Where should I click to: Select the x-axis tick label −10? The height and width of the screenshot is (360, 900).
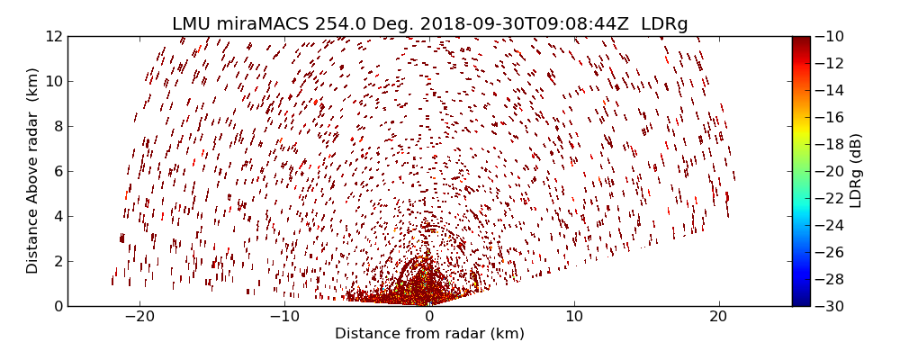pyautogui.click(x=284, y=317)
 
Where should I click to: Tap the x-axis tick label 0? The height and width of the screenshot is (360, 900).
pyautogui.click(x=429, y=317)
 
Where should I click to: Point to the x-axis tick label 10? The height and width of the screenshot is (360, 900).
pyautogui.click(x=574, y=317)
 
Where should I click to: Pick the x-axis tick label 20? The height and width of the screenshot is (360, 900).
pyautogui.click(x=718, y=317)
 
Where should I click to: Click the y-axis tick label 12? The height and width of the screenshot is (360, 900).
pyautogui.click(x=54, y=36)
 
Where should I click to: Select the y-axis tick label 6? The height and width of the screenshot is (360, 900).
pyautogui.click(x=58, y=171)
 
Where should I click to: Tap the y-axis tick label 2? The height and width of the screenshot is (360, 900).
pyautogui.click(x=58, y=261)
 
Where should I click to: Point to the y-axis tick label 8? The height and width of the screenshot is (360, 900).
pyautogui.click(x=58, y=126)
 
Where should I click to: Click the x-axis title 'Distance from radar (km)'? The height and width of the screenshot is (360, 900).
pyautogui.click(x=429, y=334)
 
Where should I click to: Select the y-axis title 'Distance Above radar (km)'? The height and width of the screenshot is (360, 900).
pyautogui.click(x=32, y=171)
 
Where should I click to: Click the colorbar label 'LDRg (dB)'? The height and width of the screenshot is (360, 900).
pyautogui.click(x=856, y=171)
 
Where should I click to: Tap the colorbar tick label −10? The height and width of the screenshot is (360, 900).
pyautogui.click(x=829, y=36)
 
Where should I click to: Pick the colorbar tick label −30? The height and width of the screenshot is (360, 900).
pyautogui.click(x=829, y=306)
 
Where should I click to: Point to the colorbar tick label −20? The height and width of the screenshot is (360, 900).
pyautogui.click(x=829, y=171)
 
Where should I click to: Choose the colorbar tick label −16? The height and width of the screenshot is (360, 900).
pyautogui.click(x=829, y=117)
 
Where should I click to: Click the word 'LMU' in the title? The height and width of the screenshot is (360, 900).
pyautogui.click(x=192, y=24)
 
